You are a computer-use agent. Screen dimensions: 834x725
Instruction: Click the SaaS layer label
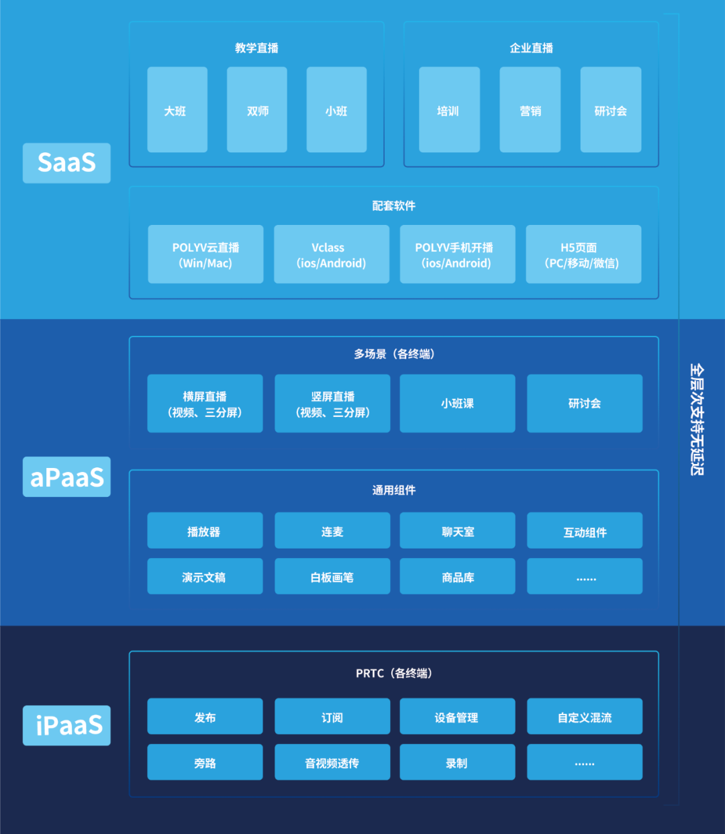coord(66,163)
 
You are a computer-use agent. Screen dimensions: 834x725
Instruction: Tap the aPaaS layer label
coord(66,477)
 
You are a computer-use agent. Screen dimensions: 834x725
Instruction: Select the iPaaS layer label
coord(66,725)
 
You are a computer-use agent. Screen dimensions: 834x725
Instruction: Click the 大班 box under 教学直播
coord(177,109)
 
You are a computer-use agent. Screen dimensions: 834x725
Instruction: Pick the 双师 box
coord(257,109)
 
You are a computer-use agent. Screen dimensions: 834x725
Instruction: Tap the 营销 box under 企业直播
coord(530,109)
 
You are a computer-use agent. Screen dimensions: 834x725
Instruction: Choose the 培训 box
coord(449,109)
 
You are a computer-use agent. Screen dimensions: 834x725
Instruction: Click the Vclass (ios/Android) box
coord(332,254)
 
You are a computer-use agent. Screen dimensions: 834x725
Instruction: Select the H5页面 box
coord(583,254)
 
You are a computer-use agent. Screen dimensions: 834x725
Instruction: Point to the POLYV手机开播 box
coord(457,254)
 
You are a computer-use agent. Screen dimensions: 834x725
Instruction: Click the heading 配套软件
coord(394,205)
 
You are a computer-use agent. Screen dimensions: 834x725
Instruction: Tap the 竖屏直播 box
coord(332,404)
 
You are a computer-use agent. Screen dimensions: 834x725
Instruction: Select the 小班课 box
coord(457,404)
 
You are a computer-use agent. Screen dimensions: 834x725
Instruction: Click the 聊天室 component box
coord(457,531)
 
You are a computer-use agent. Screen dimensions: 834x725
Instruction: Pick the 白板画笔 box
coord(332,577)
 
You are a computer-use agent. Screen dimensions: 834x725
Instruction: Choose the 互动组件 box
coord(585,531)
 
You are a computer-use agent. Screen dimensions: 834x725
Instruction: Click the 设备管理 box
coord(457,717)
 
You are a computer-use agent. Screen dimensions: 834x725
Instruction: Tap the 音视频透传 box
coord(332,763)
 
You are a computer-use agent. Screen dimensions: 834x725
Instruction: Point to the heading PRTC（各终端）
coord(394,673)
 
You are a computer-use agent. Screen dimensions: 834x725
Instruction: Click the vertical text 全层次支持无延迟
coord(697,419)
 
